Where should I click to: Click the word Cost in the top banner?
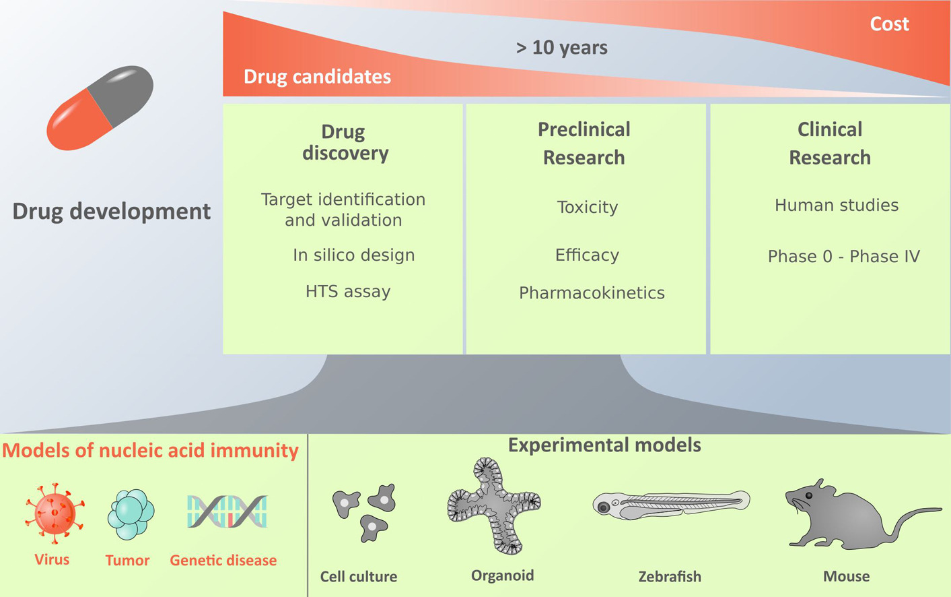tap(890, 24)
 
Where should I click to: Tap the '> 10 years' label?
tap(562, 48)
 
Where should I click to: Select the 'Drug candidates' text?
tap(317, 77)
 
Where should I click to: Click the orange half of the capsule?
tap(79, 121)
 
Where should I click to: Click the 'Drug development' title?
tap(111, 211)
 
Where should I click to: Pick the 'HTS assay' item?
tap(348, 292)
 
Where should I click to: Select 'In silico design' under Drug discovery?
tap(353, 255)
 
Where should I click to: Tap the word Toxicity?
tap(588, 208)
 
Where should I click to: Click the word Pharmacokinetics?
tap(592, 292)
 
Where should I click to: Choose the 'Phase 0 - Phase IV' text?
tap(844, 256)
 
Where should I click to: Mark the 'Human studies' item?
tap(837, 206)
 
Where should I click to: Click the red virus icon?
tap(55, 513)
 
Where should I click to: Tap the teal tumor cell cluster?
tap(131, 514)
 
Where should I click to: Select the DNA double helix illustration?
tap(227, 511)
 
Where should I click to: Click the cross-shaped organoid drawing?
tap(494, 505)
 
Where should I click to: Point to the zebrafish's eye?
tap(603, 507)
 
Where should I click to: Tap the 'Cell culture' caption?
tap(359, 577)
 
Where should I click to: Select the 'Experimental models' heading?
tap(604, 445)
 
